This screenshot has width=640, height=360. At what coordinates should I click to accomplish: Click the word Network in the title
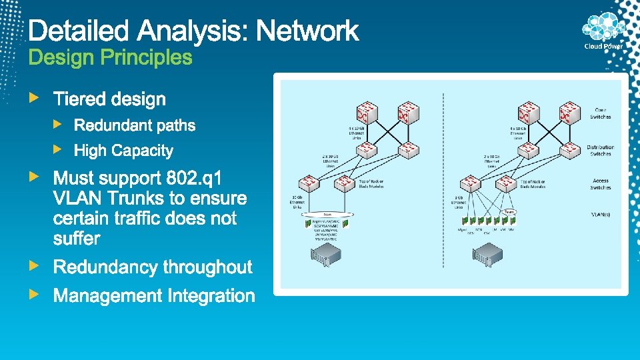[x=307, y=31]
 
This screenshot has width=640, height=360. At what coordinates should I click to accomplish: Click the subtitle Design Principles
[x=110, y=58]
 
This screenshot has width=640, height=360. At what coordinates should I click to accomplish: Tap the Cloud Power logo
[x=603, y=32]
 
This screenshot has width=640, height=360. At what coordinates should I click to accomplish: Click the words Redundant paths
[x=135, y=125]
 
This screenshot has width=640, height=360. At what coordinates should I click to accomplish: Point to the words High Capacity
[x=123, y=151]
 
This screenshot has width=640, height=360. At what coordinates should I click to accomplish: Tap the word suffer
[x=77, y=238]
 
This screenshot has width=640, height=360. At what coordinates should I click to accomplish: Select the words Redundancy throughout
[x=153, y=267]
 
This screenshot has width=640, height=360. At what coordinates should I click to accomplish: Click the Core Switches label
[x=600, y=113]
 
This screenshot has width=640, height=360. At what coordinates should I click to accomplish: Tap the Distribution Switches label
[x=600, y=151]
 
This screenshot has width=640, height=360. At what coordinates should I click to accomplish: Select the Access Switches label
[x=600, y=184]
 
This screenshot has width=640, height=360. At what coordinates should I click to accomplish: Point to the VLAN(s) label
[x=600, y=215]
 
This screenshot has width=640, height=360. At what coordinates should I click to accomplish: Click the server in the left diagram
[x=326, y=255]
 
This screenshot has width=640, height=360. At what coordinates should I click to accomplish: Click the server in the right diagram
[x=487, y=255]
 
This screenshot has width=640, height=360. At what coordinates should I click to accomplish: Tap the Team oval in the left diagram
[x=329, y=214]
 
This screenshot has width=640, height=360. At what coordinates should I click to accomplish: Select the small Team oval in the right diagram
[x=509, y=211]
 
